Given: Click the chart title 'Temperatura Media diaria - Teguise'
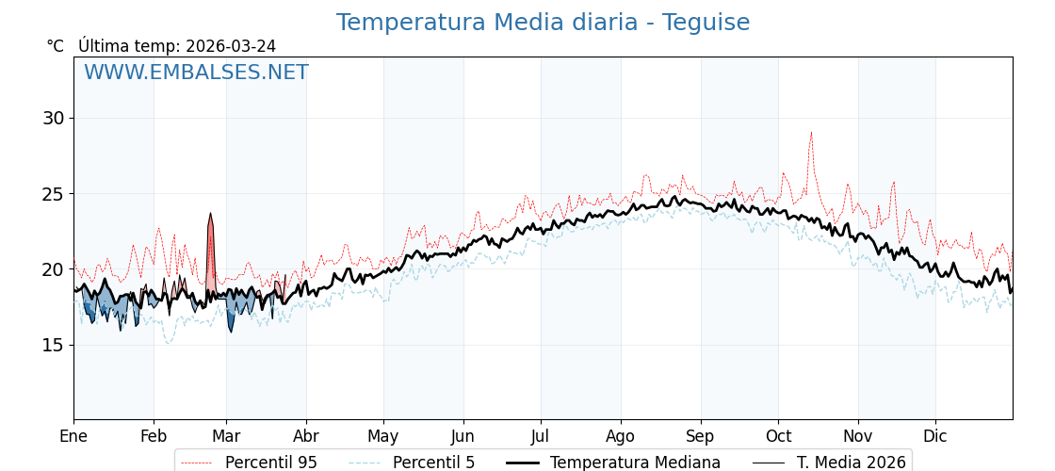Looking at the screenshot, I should [543, 23].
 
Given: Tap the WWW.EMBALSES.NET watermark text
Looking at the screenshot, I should [196, 73].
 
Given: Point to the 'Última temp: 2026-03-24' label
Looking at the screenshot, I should [177, 46].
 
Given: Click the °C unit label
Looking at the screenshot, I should [55, 46].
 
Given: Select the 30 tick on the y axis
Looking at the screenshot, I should [53, 119].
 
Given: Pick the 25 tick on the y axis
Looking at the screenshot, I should [53, 194].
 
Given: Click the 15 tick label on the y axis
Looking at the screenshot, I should [53, 345].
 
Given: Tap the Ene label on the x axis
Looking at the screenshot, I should [73, 436].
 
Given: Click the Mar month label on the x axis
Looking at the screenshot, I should [226, 436].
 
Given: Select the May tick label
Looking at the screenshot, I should [383, 436].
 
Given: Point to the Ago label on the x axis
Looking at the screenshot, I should [621, 436].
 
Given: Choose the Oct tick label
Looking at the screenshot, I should [778, 436].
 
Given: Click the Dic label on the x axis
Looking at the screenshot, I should [935, 436].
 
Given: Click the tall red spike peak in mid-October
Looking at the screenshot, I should [811, 133].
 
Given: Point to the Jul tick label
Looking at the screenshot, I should [541, 436].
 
